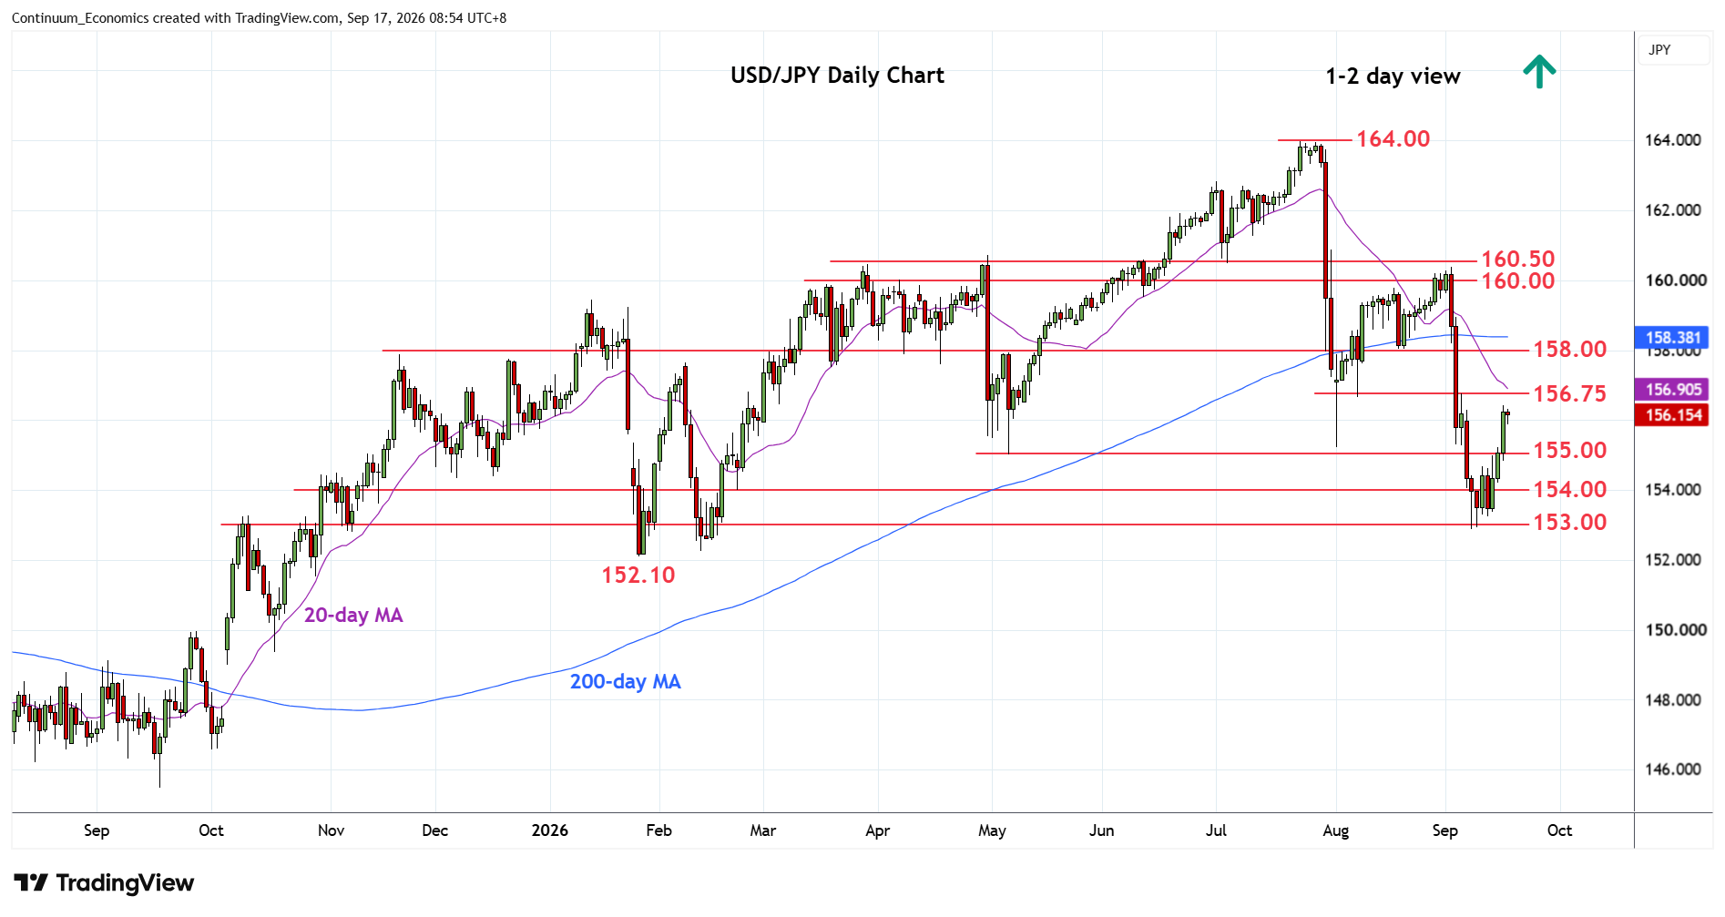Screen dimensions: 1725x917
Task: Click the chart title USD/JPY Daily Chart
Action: point(837,76)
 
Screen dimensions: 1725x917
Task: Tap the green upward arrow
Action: point(1539,71)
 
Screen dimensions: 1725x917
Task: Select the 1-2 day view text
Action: point(1393,76)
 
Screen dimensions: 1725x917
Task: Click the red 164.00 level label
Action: point(1393,138)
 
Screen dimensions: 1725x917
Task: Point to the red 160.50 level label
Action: point(1517,260)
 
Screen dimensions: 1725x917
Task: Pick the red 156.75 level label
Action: point(1569,393)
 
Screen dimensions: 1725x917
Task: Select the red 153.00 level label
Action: point(1569,522)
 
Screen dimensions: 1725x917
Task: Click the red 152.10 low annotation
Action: point(638,575)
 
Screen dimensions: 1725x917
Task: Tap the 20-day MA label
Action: point(353,616)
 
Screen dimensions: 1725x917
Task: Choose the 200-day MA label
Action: point(626,682)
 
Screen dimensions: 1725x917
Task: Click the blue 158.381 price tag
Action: point(1672,338)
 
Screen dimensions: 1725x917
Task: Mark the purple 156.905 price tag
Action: point(1672,390)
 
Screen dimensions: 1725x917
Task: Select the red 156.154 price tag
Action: point(1672,415)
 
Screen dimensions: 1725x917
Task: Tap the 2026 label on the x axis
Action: point(550,830)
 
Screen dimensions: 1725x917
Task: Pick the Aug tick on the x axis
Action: point(1335,830)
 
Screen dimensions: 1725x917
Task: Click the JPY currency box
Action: point(1672,50)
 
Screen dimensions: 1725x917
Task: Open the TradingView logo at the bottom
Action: point(104,883)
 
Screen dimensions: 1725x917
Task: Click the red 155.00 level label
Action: point(1569,450)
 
